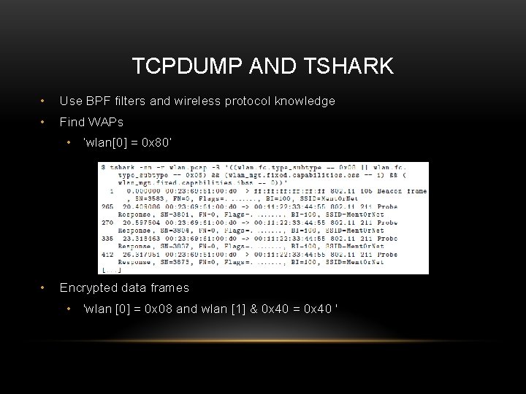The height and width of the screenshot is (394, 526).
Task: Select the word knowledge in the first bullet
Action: pos(304,101)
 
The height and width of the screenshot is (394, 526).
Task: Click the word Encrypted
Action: pos(88,287)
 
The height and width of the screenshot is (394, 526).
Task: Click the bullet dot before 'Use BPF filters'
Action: pos(45,101)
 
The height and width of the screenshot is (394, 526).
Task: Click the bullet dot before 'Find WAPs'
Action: pos(45,121)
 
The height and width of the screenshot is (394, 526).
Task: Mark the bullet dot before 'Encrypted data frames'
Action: pos(45,287)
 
